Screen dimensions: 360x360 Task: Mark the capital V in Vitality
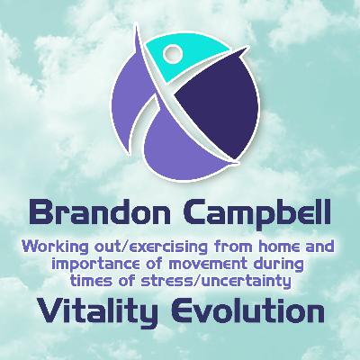click(44, 312)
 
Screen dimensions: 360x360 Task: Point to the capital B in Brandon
click(40, 214)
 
